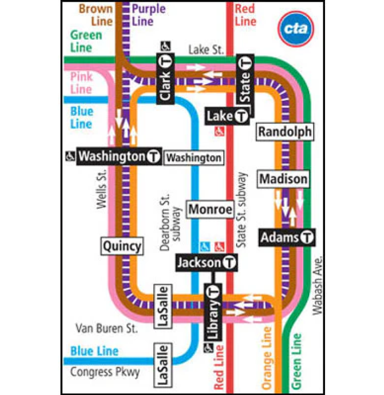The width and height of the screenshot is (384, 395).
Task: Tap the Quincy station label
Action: [x=122, y=246]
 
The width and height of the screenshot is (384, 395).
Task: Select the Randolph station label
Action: [x=285, y=131]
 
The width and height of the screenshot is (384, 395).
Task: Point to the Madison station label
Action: [x=283, y=179]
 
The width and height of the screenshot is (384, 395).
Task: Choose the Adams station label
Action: [x=288, y=238]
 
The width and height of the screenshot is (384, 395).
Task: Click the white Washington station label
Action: [x=193, y=158]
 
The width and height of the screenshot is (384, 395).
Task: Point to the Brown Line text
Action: [x=95, y=15]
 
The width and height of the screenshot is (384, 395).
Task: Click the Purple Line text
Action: [x=148, y=15]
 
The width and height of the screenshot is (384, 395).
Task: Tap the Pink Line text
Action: [x=82, y=82]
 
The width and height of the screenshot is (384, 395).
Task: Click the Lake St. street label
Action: [x=206, y=50]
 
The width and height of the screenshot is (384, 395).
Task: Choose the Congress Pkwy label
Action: [x=105, y=372]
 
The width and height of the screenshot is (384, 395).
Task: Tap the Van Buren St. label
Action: [x=106, y=328]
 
